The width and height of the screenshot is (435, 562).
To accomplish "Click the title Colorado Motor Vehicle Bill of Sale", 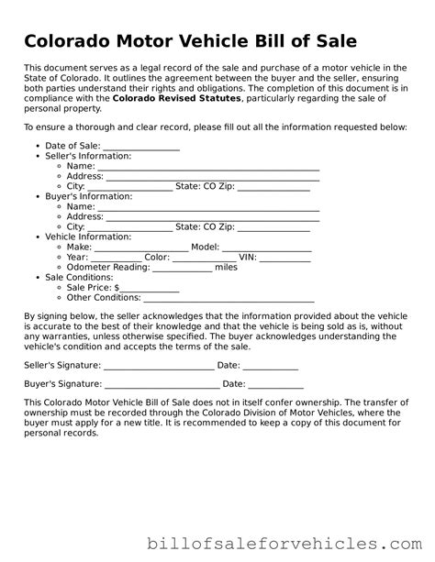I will tap(191, 41).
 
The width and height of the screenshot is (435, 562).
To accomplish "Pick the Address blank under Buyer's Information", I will tap(213, 216).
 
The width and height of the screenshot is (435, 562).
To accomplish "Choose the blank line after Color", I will tap(206, 257).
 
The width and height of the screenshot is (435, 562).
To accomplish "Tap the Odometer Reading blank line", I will tap(182, 267).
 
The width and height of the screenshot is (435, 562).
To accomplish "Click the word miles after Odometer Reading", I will tap(226, 267).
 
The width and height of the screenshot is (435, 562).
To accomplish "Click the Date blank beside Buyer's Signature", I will tap(275, 384).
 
